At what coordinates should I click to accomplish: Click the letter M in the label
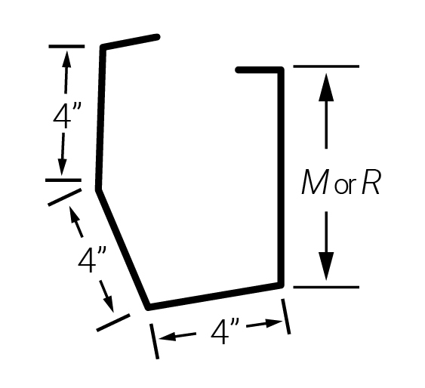tap(315, 181)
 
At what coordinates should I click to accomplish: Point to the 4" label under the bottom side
tap(225, 332)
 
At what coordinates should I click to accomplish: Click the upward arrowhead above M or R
tap(326, 88)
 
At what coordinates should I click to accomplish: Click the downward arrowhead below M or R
tap(326, 266)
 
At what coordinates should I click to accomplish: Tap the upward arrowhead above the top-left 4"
tap(66, 59)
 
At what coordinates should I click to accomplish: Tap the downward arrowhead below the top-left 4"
tap(62, 167)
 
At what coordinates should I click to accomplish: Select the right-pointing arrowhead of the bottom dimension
tap(274, 322)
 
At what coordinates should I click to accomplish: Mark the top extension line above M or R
tap(326, 66)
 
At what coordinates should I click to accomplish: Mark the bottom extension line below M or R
tap(326, 287)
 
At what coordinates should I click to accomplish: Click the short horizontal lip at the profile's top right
tap(260, 70)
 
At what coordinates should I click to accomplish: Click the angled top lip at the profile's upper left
tap(130, 42)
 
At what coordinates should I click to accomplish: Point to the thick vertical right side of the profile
tap(281, 177)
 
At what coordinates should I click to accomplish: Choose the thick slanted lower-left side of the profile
tap(122, 249)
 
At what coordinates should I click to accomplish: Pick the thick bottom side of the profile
tap(214, 296)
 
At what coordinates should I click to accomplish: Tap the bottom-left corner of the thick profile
tap(148, 307)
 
